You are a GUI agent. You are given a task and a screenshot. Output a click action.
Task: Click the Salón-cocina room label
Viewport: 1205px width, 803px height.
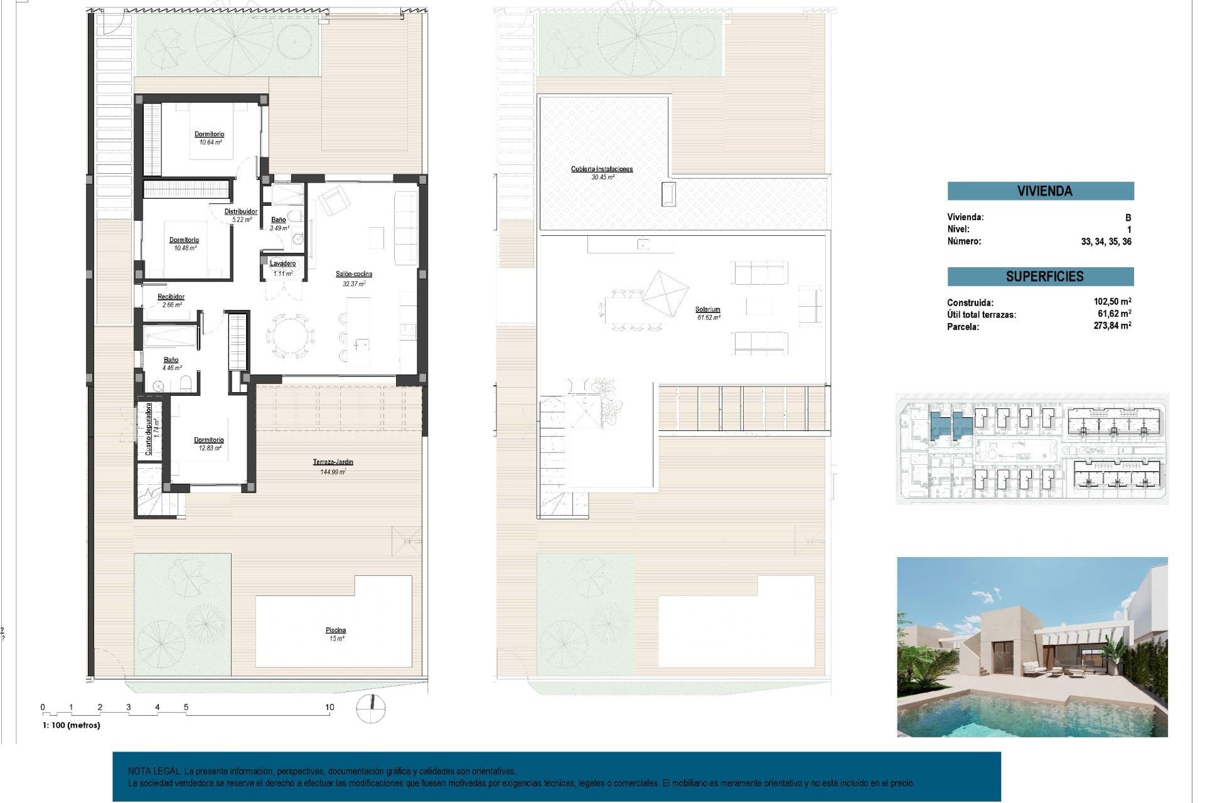[x=353, y=274]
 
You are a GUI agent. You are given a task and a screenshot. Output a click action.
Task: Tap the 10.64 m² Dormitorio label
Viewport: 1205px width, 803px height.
[x=209, y=134]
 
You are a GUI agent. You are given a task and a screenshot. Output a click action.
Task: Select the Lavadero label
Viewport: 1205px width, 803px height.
[x=283, y=263]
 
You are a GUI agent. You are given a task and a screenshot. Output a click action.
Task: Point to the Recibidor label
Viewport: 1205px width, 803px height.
[x=171, y=297]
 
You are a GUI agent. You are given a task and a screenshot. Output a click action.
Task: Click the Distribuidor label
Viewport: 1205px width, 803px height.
[x=241, y=212]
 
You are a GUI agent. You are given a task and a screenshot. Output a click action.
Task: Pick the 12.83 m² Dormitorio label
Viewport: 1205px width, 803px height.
[x=208, y=440]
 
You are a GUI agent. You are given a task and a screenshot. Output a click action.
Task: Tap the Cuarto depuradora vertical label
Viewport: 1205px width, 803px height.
[x=149, y=428]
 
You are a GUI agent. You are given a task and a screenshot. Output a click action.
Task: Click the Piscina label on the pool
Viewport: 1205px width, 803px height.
[x=336, y=630]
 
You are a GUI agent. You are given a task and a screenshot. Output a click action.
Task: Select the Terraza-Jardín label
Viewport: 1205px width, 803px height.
[x=333, y=462]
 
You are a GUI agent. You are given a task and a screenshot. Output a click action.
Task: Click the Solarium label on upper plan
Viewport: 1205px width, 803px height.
[x=707, y=309]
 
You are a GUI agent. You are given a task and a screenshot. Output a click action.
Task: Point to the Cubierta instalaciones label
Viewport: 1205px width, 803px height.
[x=601, y=169]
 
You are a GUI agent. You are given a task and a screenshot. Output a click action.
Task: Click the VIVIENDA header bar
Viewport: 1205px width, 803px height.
[x=1040, y=191]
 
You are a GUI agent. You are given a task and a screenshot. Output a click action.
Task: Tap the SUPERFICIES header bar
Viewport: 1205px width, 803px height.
[x=1040, y=277]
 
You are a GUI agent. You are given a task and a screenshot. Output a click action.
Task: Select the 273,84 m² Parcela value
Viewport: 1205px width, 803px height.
[x=1111, y=326]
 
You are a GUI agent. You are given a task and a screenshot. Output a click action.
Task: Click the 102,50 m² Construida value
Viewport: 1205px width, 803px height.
[x=1111, y=302]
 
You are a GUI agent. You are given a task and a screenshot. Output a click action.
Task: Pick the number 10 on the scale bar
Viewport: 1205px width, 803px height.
[x=329, y=707]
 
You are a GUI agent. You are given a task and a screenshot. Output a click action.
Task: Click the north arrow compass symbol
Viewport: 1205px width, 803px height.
[x=370, y=708]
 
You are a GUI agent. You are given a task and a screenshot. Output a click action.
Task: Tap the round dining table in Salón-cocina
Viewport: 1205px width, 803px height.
[x=290, y=336]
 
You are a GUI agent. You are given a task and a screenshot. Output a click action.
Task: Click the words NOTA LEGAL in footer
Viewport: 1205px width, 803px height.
[x=154, y=771]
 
